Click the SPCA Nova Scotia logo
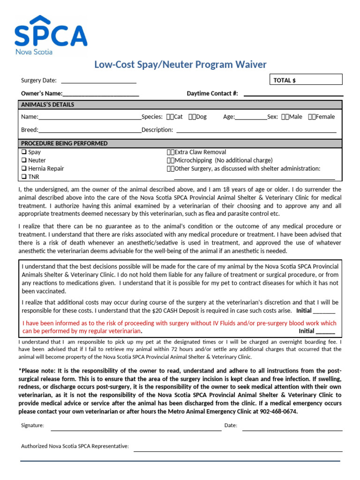point(51,35)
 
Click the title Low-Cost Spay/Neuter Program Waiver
point(180,65)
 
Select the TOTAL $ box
point(306,80)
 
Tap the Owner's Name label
point(41,93)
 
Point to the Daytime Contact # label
point(212,93)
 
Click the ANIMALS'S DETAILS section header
point(48,105)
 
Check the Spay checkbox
point(23,152)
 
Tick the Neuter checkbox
point(23,160)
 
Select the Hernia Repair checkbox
point(23,169)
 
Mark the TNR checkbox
point(23,177)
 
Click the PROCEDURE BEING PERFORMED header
point(64,143)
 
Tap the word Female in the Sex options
point(325,117)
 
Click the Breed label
point(29,130)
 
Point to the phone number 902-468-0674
point(277,412)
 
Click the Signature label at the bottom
point(32,426)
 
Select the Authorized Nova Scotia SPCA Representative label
point(75,446)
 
